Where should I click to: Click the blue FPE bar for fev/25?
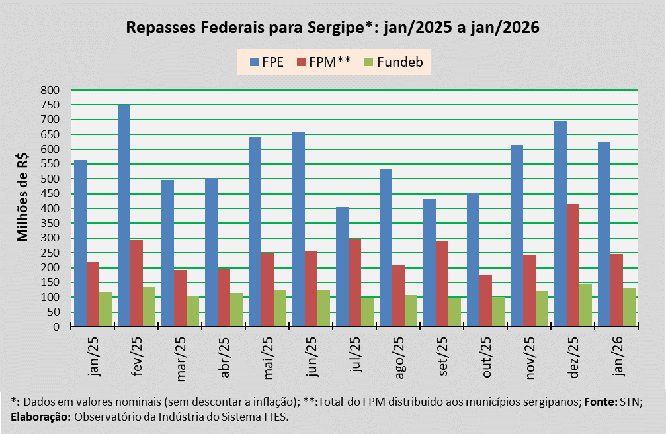coord(124,215)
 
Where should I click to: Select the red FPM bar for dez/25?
coord(573,265)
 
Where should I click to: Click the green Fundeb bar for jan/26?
coord(629,308)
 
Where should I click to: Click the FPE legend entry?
coord(265,62)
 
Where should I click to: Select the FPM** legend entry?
coord(324,62)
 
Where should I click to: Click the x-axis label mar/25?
coord(181,357)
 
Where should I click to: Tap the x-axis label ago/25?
coord(399,357)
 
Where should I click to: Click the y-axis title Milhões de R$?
coord(22,198)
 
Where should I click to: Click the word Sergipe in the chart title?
coord(336,28)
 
